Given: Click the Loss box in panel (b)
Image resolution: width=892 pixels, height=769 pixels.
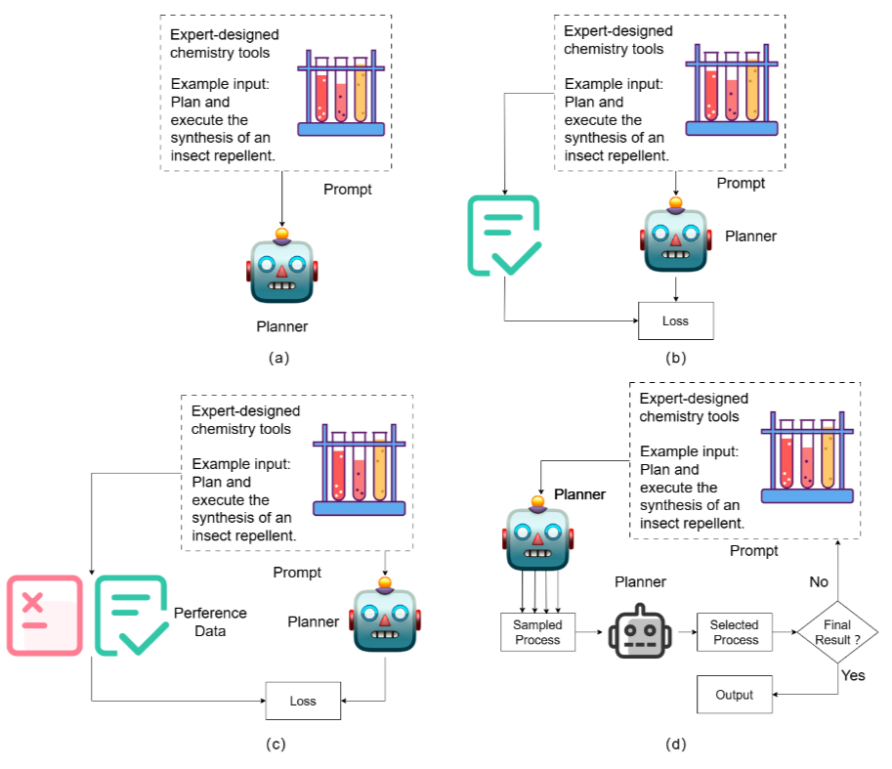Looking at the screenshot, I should [x=675, y=320].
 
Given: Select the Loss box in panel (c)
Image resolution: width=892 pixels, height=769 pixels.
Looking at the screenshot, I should [x=303, y=701].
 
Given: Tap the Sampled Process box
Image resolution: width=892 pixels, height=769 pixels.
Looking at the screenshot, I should [x=537, y=632].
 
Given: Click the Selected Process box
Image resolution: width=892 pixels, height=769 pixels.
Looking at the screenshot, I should [x=735, y=632].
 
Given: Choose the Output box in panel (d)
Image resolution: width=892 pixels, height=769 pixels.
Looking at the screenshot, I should [x=734, y=695].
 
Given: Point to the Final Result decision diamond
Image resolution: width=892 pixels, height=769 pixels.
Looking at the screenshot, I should [x=837, y=632].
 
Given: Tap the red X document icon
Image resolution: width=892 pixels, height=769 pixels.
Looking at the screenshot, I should [x=44, y=615].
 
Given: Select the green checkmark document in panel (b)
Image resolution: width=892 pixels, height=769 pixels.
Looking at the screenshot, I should [x=504, y=235].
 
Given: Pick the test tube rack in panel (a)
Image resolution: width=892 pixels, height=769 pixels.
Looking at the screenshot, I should [x=340, y=91].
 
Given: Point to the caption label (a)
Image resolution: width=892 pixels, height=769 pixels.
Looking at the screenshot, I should [x=279, y=358].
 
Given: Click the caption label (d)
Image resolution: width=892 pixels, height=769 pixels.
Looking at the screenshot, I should [x=675, y=745].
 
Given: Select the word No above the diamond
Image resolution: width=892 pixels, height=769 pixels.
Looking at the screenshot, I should [x=819, y=581].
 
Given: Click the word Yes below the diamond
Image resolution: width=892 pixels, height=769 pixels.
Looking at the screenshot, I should [x=853, y=675].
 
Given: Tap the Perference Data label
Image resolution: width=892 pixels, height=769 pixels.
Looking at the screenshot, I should [x=210, y=621].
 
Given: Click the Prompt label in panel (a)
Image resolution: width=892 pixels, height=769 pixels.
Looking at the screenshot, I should [x=348, y=189].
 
